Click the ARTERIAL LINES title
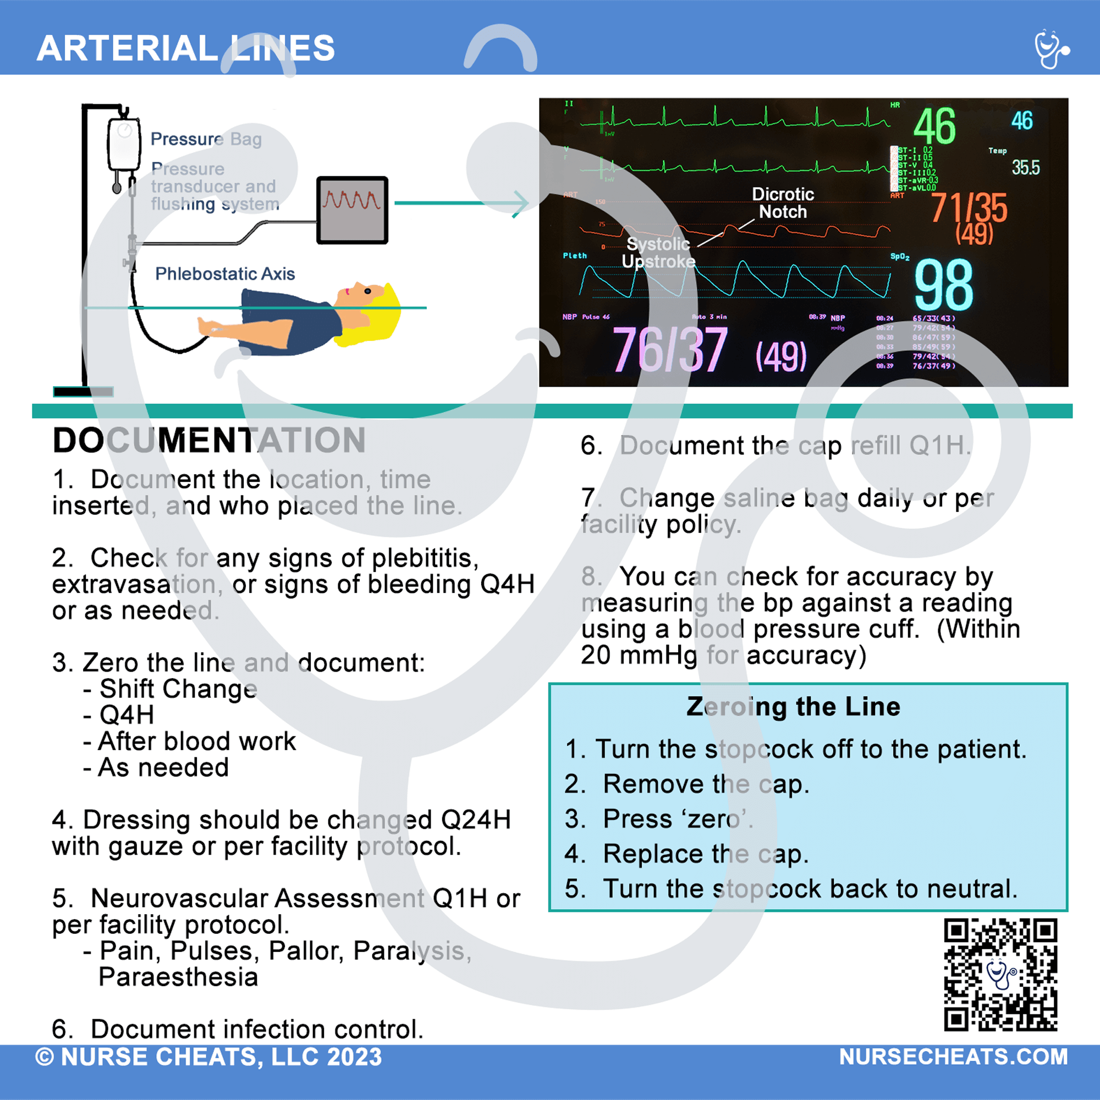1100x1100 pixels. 185,48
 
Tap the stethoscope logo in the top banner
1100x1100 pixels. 1051,49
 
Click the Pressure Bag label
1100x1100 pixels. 206,139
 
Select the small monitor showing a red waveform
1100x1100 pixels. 352,210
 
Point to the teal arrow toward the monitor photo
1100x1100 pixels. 461,203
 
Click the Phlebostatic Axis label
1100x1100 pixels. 225,274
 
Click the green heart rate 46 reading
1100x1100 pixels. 934,127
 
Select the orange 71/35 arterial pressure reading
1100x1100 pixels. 969,208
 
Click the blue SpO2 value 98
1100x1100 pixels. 943,285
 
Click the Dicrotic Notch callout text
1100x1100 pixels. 783,203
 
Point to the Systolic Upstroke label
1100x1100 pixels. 658,252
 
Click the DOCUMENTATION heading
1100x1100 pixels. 209,440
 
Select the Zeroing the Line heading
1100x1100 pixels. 793,707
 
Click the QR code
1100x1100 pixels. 1000,974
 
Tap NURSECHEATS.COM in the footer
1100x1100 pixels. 953,1057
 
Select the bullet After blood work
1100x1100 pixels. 190,741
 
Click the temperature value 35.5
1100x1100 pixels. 1025,167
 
